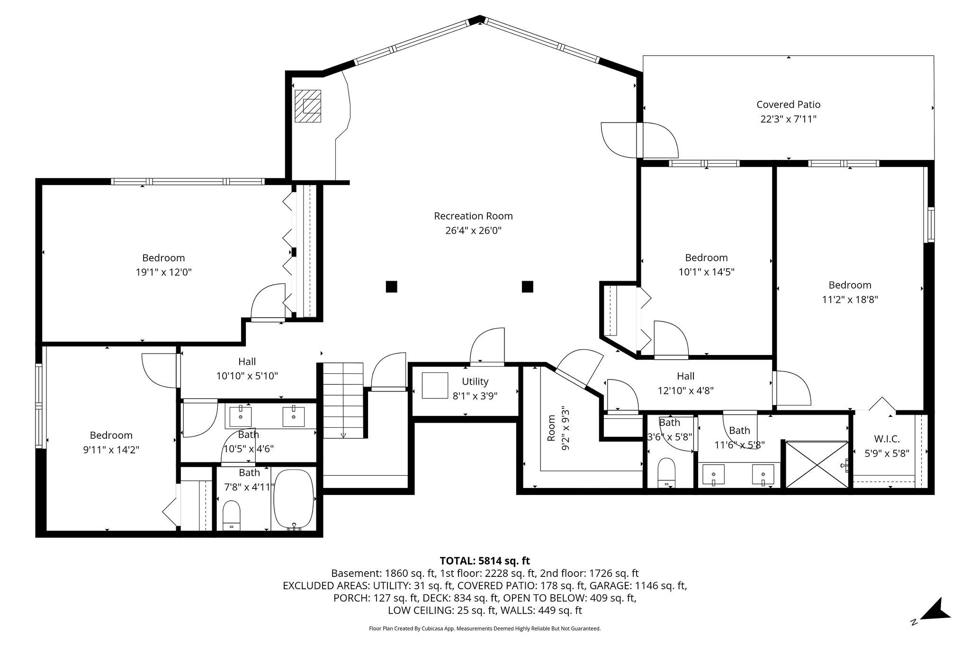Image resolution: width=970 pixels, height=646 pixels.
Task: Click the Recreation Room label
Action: pos(473,216)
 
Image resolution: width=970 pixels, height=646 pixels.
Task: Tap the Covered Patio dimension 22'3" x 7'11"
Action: pos(788,119)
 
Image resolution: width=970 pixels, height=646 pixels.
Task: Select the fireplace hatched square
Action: pos(308,106)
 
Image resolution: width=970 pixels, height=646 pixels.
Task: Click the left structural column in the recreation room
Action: pos(391,286)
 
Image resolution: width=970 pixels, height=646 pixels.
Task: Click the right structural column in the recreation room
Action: pos(527,286)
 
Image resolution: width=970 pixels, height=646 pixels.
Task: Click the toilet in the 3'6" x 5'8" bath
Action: pos(666,472)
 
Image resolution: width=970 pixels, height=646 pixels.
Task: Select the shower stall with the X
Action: pos(817,464)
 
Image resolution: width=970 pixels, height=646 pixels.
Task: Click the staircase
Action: pos(343,400)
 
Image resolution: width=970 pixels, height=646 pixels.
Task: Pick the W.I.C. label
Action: pos(887,439)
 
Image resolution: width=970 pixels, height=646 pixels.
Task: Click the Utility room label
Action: pos(475,381)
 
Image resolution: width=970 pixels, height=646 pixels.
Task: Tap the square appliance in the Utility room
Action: pos(435,386)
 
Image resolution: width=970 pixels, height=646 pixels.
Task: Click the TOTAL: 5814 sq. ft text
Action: pos(485,561)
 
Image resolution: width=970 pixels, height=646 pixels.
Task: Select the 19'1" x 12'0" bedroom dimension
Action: pos(163,272)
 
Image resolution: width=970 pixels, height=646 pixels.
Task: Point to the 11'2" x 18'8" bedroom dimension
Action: pos(850,300)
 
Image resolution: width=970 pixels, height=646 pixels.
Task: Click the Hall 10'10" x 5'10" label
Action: pos(247,369)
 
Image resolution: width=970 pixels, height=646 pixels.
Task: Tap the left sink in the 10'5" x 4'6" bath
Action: pos(241,416)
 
